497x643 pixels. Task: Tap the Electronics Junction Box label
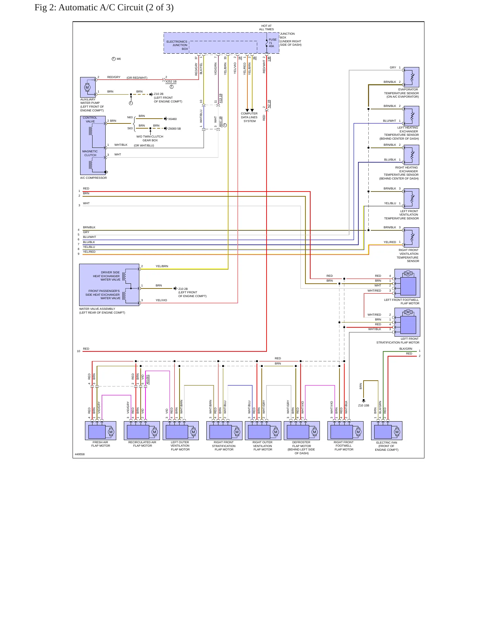177,45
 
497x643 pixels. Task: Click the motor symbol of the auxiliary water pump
87,87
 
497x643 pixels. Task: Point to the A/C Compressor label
94,178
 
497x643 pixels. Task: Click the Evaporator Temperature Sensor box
411,77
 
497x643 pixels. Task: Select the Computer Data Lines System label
249,117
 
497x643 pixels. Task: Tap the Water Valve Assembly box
109,285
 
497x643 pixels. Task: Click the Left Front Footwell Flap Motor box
407,283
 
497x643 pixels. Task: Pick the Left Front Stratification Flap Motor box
407,322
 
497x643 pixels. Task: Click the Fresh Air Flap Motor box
100,431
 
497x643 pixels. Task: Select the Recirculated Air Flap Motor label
142,444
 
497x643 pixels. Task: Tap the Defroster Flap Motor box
302,431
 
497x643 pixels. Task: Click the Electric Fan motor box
387,431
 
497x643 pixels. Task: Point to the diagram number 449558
80,454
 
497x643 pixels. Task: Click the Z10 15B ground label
364,405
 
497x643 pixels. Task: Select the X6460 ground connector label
172,119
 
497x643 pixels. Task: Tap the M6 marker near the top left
119,59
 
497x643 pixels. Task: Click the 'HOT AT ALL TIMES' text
267,28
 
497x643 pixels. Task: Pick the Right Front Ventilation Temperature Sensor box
411,237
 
